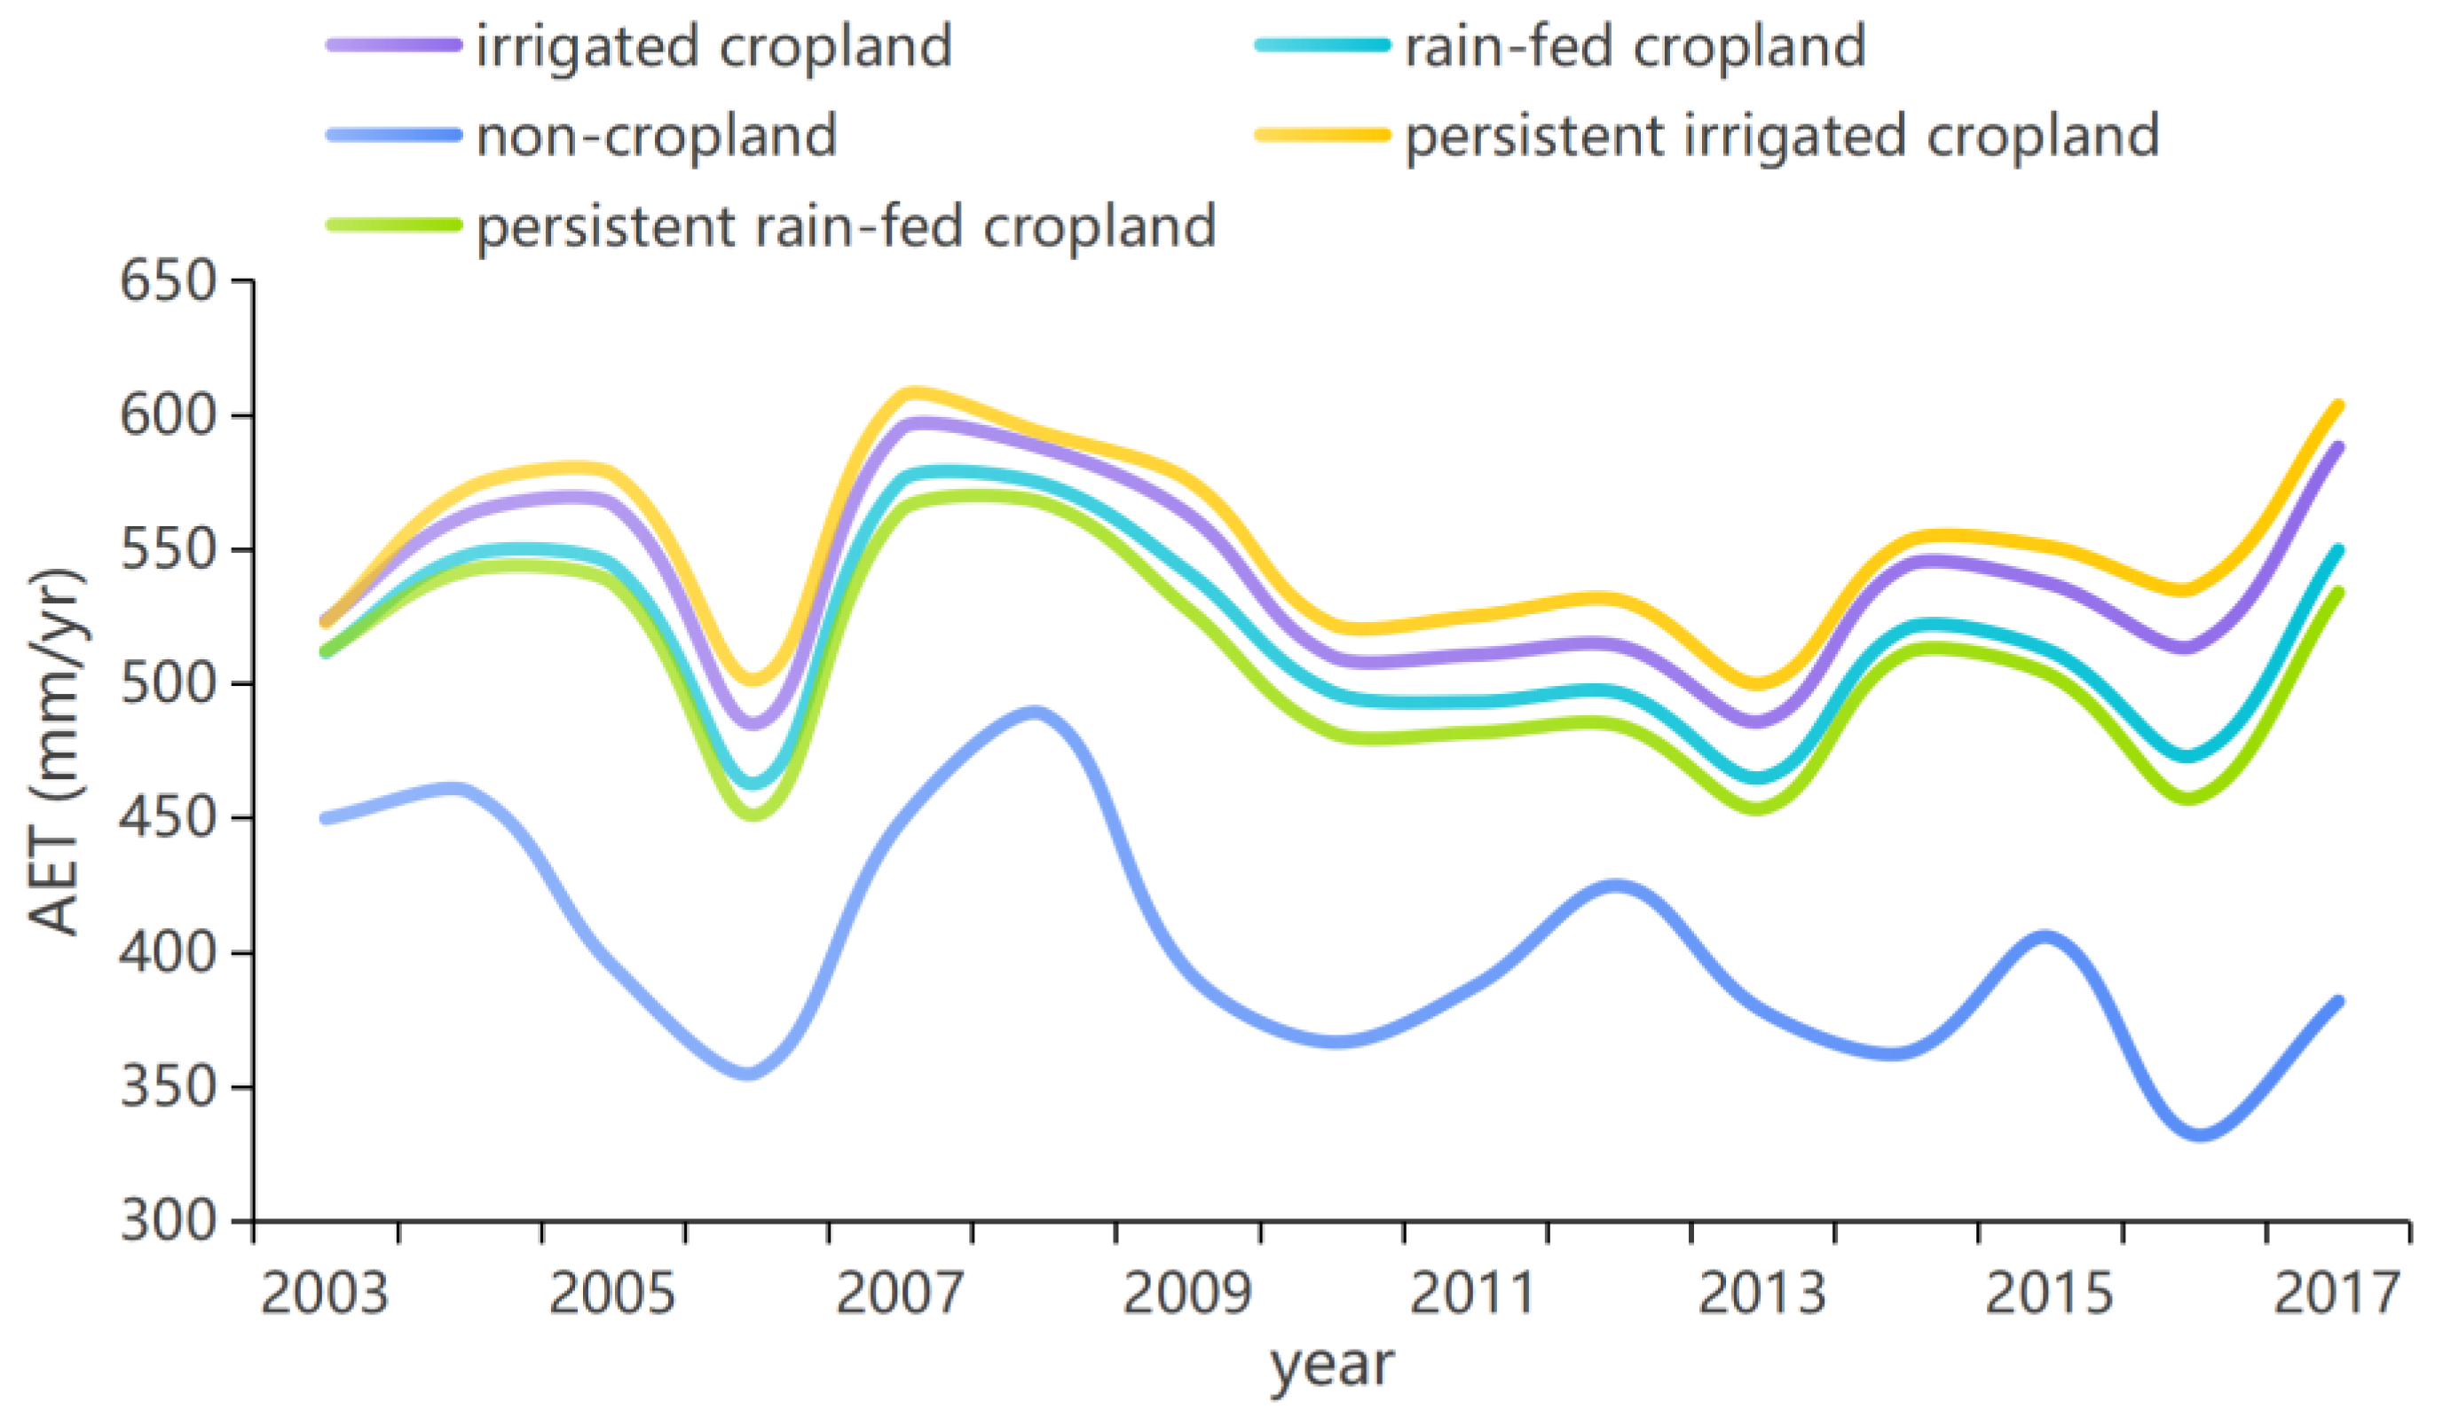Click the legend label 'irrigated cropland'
tap(714, 46)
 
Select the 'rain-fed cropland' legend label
tap(1635, 46)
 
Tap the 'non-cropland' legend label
tap(658, 136)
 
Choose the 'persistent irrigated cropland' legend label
tap(1782, 136)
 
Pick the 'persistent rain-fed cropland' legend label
tap(847, 227)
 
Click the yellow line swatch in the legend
tap(1323, 135)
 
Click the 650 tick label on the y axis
tap(167, 282)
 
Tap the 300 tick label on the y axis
tap(167, 1220)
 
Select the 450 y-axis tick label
tap(167, 818)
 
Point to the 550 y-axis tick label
tap(167, 549)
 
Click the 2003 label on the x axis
tap(325, 1293)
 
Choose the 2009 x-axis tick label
tap(1187, 1293)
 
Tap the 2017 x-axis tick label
tap(2337, 1293)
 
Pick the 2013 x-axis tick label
tap(1762, 1293)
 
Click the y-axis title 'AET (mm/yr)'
tap(56, 752)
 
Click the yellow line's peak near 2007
tap(911, 392)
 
